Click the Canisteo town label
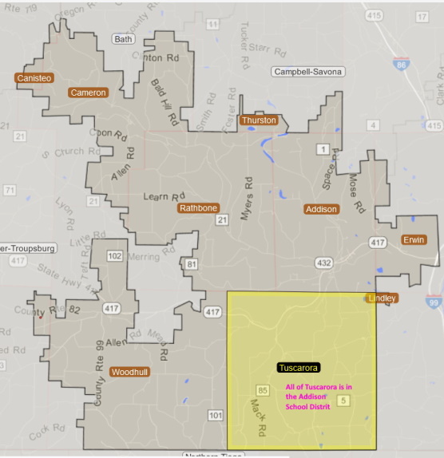(34, 77)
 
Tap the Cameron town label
(88, 93)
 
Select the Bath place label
(123, 38)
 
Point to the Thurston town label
(258, 120)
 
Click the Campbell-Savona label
(308, 72)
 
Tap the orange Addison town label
(321, 209)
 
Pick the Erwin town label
(414, 239)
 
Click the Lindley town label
(381, 298)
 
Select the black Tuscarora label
(299, 368)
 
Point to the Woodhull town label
(129, 373)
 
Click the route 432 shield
(323, 263)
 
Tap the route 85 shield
(263, 389)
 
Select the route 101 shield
(216, 416)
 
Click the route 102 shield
(115, 256)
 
